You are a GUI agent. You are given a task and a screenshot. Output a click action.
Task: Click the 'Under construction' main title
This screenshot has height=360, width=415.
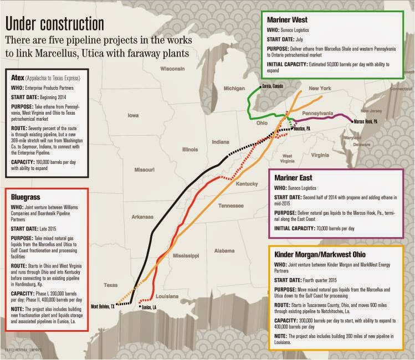click(x=54, y=24)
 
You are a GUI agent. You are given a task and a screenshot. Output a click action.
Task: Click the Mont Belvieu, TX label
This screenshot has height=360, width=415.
click(x=103, y=306)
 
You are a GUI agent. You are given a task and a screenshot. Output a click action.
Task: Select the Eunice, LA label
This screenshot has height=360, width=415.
click(x=147, y=307)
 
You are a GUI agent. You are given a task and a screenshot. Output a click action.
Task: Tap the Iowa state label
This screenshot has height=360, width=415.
click(x=133, y=116)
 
